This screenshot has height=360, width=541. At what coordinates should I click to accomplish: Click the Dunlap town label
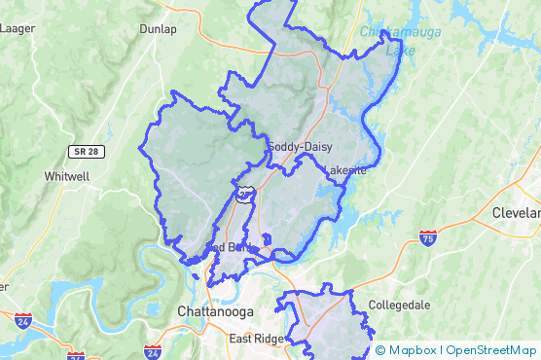click(159, 28)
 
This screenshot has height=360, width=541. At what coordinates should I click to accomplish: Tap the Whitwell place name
click(67, 176)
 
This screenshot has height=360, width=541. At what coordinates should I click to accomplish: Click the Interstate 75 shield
click(428, 236)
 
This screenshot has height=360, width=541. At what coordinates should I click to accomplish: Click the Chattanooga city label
click(216, 310)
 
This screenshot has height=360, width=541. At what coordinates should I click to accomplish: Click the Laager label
click(18, 28)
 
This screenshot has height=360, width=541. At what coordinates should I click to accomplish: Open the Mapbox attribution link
click(410, 350)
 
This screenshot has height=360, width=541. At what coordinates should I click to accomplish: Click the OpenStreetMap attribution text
click(490, 350)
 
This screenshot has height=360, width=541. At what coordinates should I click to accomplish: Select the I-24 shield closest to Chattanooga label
click(153, 350)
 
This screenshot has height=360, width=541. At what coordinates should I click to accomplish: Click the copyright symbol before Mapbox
click(380, 350)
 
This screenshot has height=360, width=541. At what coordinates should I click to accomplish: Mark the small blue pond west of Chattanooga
click(154, 309)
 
